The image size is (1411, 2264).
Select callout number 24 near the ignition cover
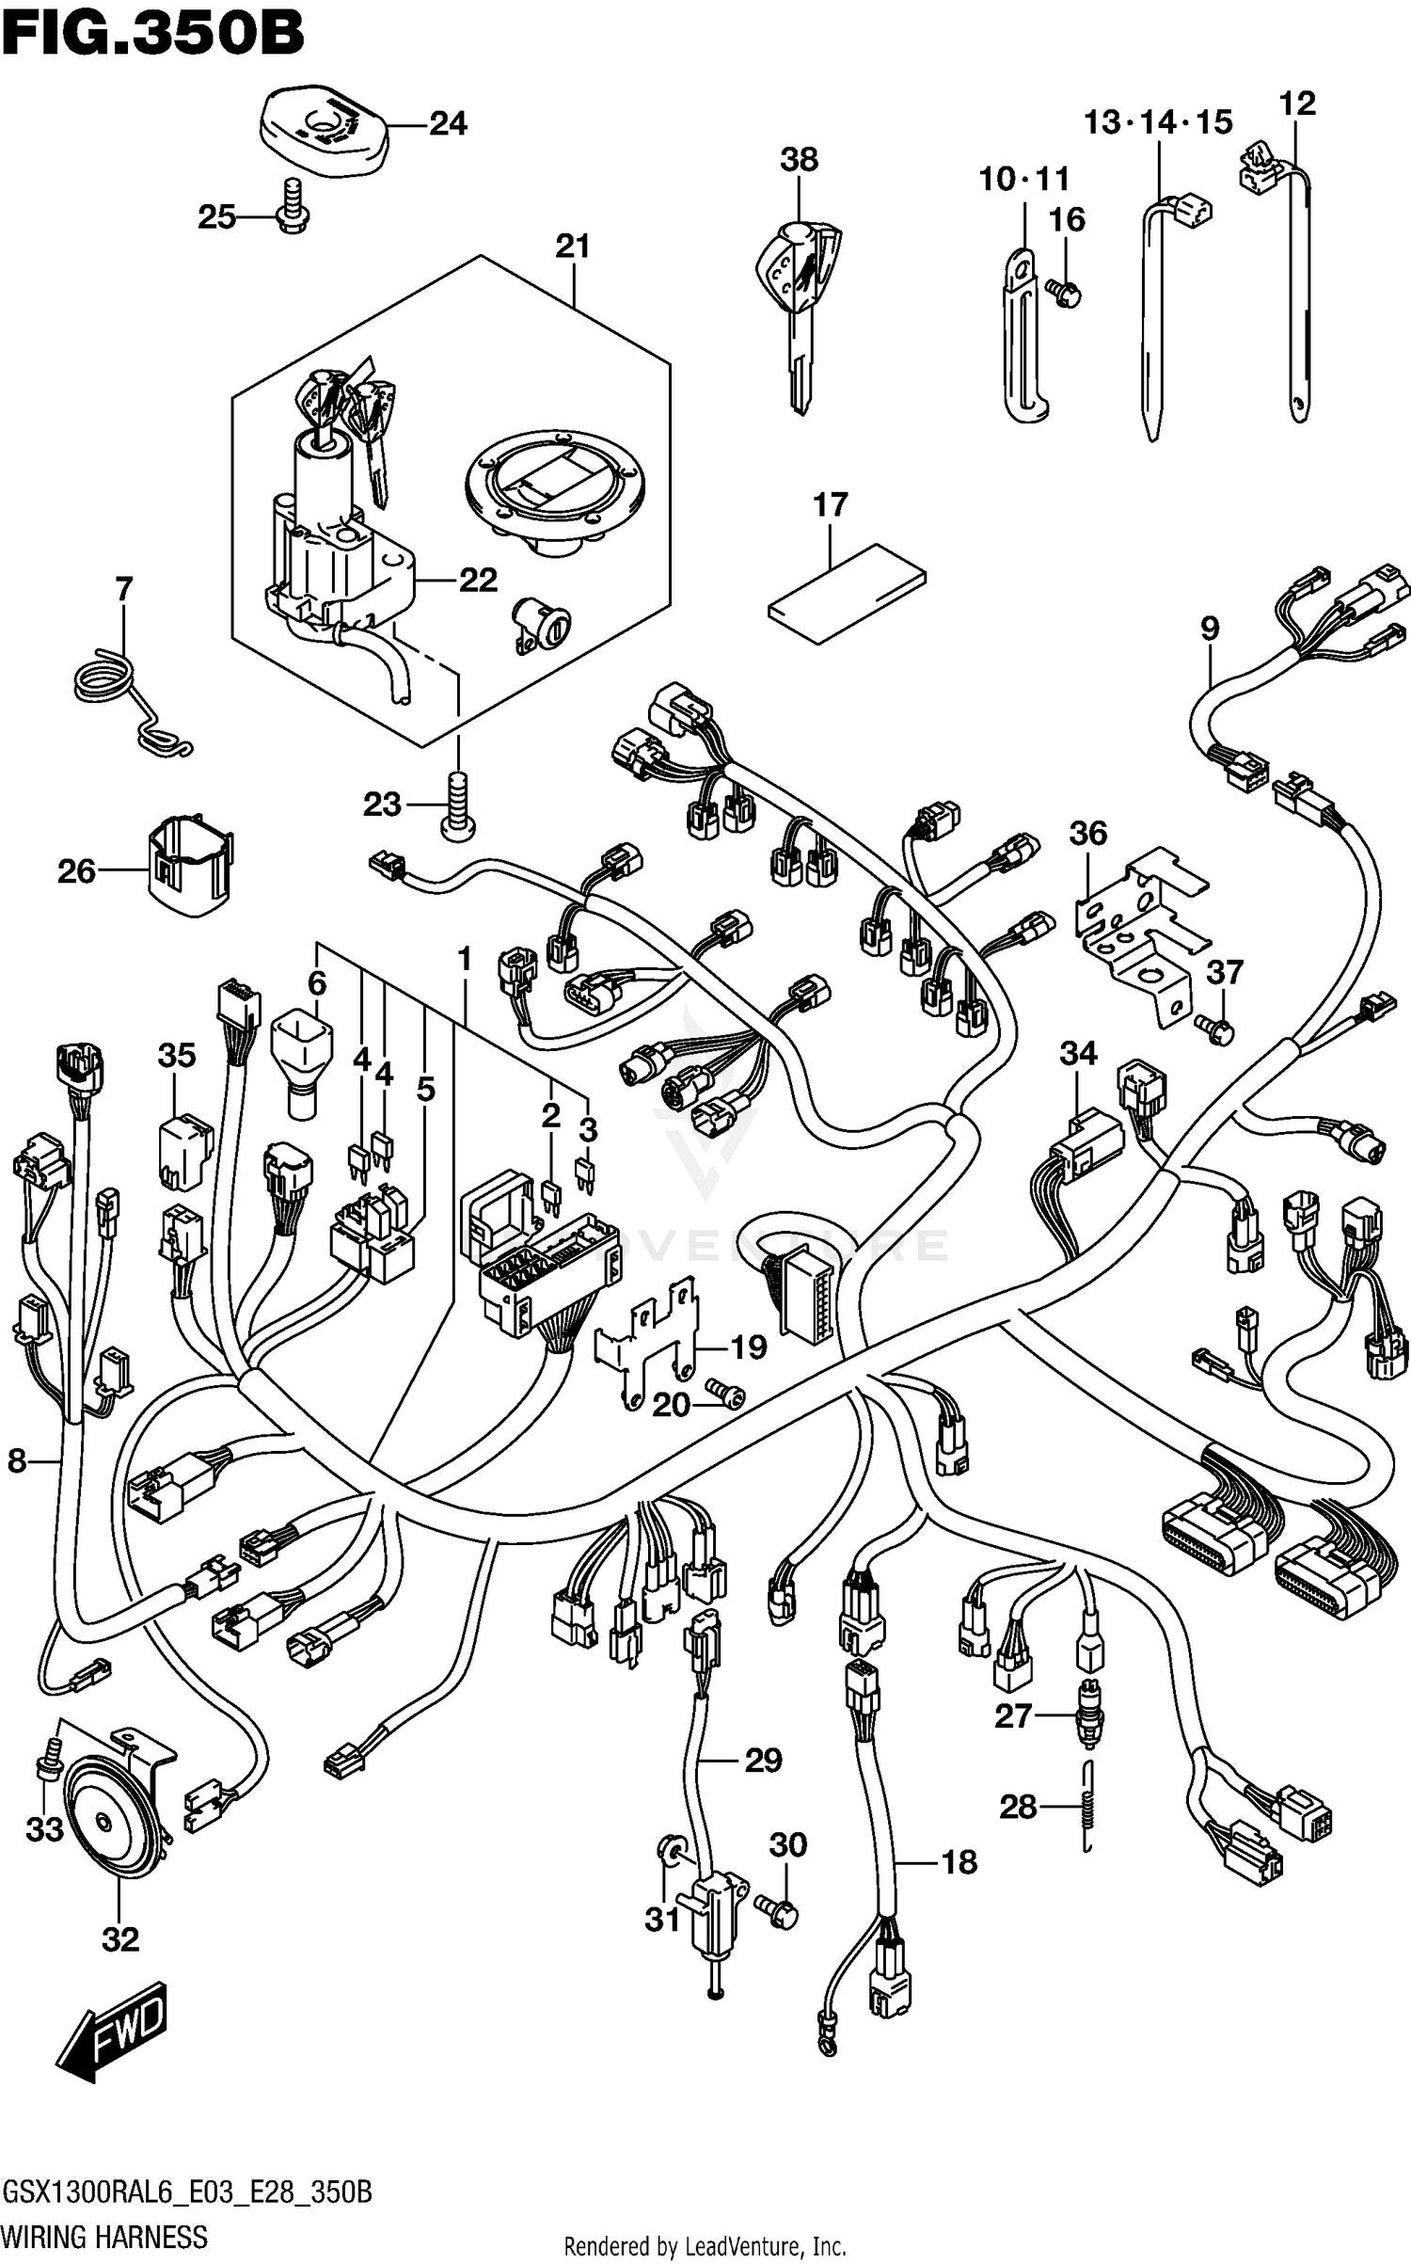pos(448,123)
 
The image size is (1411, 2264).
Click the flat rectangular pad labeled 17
pos(847,593)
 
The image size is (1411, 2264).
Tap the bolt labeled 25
pos(293,206)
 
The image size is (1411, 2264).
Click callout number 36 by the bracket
pos(1087,833)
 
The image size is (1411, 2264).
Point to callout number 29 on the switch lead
pos(763,1760)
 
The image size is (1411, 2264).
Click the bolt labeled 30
pos(782,1910)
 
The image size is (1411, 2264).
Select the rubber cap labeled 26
pos(191,864)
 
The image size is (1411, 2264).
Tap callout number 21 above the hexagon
pos(572,247)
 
